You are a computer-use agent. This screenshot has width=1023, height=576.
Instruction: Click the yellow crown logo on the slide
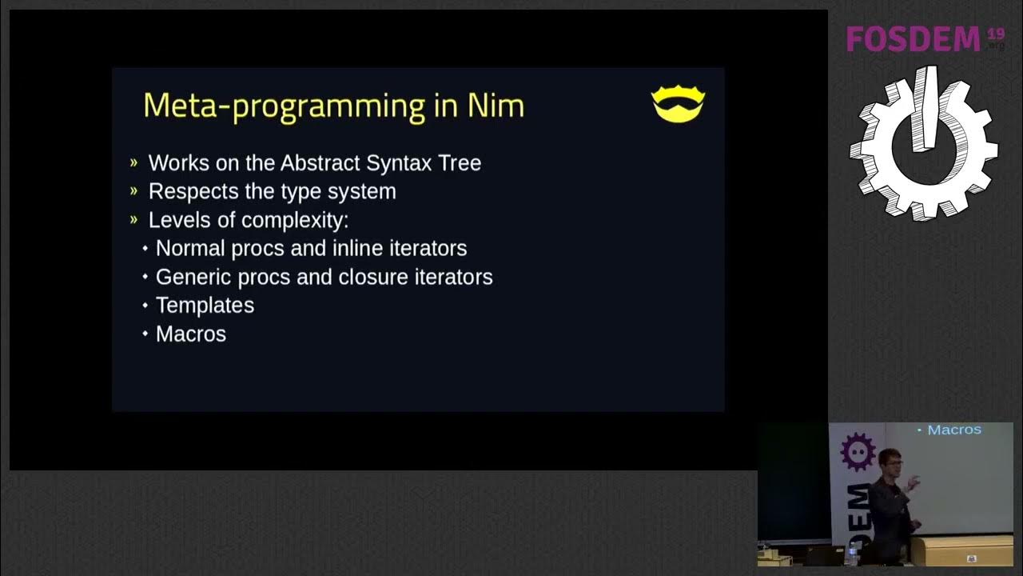(678, 105)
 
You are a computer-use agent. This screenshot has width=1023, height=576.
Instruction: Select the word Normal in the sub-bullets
(190, 249)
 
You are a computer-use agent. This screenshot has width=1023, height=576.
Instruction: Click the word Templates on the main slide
(205, 306)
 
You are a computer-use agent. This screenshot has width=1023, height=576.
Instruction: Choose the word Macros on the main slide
(191, 334)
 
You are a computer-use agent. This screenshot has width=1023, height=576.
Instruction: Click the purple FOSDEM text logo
(913, 38)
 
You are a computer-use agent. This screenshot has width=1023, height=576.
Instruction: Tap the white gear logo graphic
(923, 144)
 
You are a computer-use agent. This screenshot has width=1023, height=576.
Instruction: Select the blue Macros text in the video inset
(953, 430)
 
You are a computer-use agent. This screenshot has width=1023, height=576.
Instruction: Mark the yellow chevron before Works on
(133, 163)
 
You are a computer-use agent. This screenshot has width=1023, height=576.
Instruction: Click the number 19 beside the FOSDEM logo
(995, 33)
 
